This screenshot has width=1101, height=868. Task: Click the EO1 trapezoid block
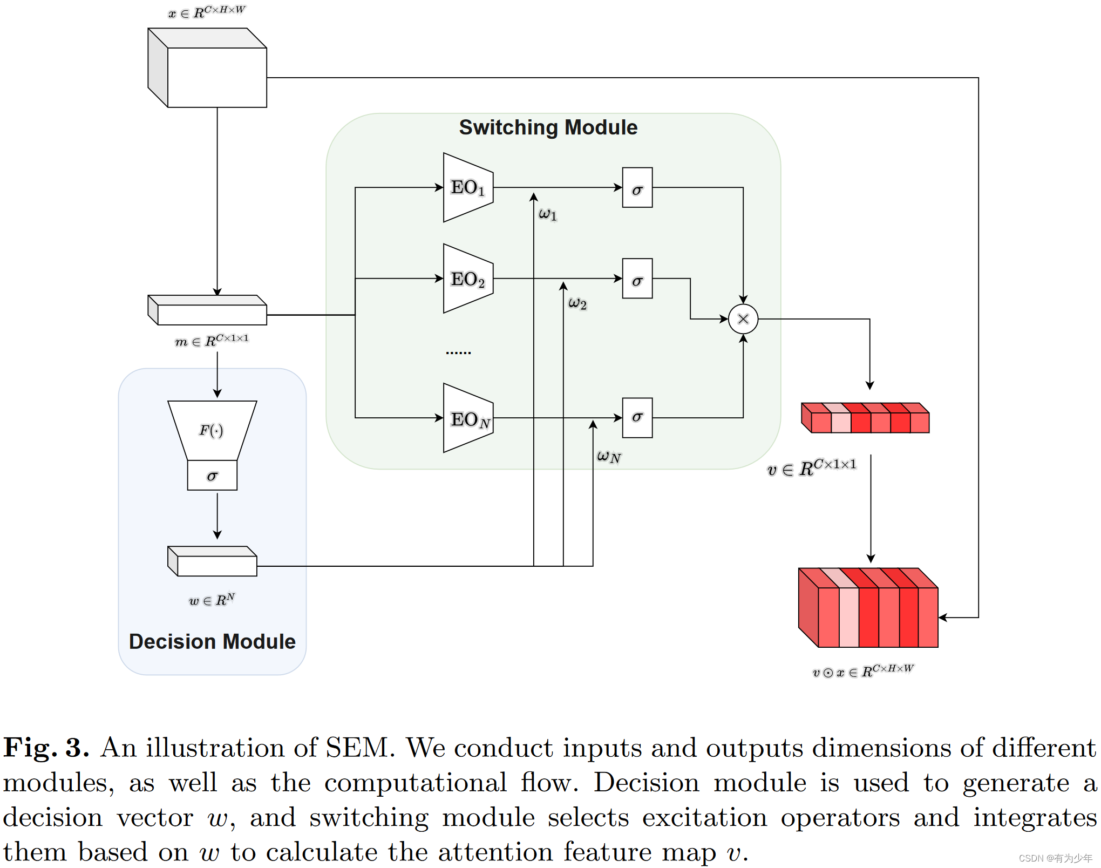(x=467, y=187)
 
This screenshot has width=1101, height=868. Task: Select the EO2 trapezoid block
(x=467, y=279)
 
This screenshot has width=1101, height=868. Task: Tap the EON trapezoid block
(x=467, y=418)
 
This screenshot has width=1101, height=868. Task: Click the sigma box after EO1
(x=637, y=187)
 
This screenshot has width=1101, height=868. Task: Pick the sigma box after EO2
(x=637, y=279)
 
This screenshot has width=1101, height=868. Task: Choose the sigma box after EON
(x=637, y=418)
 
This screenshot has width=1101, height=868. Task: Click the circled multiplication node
(x=743, y=319)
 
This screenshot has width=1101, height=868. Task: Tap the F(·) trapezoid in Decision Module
(x=212, y=430)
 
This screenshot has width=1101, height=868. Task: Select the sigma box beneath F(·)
(x=212, y=476)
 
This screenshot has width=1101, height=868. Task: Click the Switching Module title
(x=548, y=127)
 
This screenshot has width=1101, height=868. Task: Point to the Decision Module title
(x=212, y=641)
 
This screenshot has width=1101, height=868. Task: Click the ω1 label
(x=547, y=214)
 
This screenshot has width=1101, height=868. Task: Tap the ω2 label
(x=577, y=303)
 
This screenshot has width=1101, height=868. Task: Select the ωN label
(x=608, y=457)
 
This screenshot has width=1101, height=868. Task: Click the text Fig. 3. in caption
(x=46, y=748)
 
